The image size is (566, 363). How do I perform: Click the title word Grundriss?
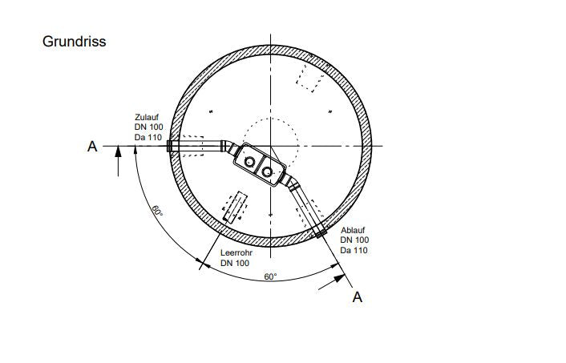[x=74, y=42]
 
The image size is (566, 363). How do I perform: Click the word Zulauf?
[x=147, y=117]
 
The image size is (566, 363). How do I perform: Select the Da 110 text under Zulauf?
[x=148, y=137]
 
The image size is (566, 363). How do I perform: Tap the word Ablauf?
[x=353, y=230]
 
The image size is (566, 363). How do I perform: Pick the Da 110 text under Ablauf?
[x=354, y=250]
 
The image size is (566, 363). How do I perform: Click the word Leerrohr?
[x=237, y=253]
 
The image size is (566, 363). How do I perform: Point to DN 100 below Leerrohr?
[x=235, y=263]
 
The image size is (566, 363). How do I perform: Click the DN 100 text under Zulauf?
[x=149, y=127]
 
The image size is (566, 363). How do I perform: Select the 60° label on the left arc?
[x=157, y=211]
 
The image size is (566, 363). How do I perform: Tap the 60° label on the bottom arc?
[x=270, y=276]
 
